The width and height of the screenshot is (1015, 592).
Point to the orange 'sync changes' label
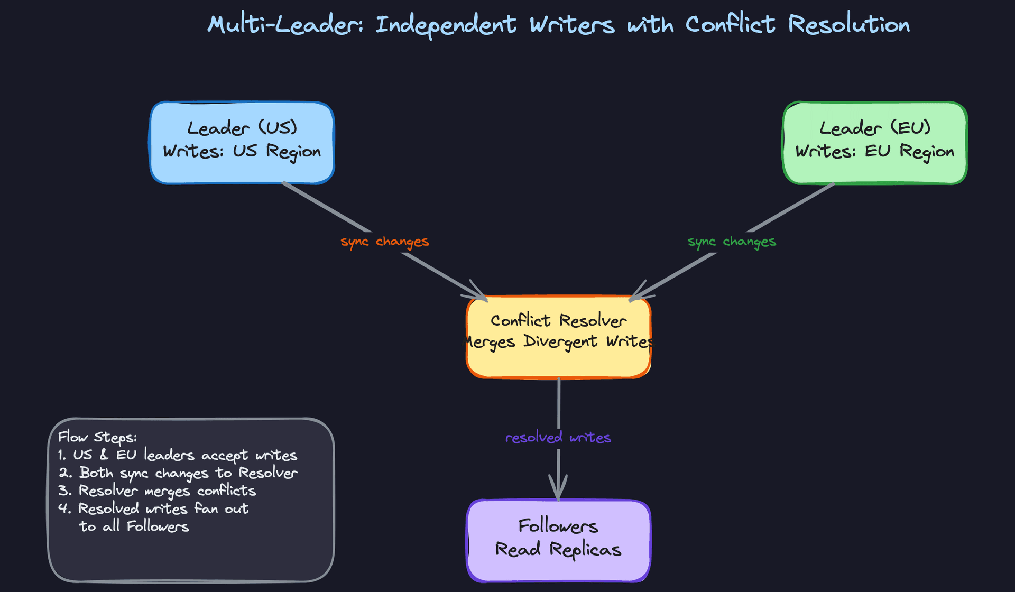point(384,242)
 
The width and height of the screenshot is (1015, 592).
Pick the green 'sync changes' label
point(732,242)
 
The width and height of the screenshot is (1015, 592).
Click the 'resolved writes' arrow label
point(558,438)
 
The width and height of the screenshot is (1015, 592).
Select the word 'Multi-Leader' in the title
point(285,25)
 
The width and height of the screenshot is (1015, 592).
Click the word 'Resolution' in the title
point(848,25)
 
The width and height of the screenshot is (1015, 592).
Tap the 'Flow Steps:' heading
point(97,437)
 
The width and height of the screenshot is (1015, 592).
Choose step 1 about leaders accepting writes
point(178,455)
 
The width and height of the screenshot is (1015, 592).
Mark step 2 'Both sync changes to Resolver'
point(178,473)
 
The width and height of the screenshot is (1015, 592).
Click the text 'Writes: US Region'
point(242,152)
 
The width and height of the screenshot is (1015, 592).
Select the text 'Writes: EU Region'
point(874,152)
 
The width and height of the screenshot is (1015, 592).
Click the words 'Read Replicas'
point(558,550)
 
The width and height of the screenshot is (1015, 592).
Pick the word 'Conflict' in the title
point(730,25)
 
